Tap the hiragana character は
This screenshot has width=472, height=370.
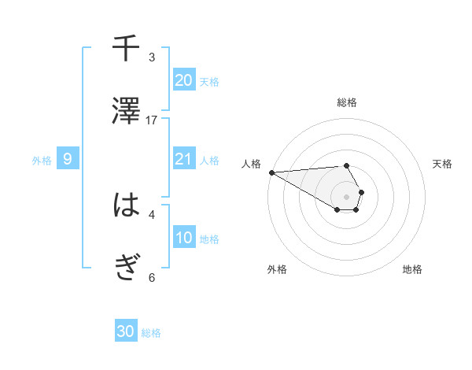click(126, 205)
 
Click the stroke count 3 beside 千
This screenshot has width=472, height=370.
click(152, 57)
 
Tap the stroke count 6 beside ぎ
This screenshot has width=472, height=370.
click(152, 277)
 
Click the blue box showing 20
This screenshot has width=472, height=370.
click(183, 80)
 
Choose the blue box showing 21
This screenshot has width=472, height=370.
click(183, 159)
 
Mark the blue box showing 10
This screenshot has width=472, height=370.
click(183, 237)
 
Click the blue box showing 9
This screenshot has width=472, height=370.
click(68, 159)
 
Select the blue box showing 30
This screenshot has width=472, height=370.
click(126, 331)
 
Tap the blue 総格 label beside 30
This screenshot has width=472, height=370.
click(151, 333)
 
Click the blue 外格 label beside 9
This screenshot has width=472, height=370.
click(42, 161)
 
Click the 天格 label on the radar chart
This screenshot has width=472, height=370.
click(442, 164)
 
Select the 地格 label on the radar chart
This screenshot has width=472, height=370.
click(412, 269)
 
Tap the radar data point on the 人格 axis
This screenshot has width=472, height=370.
click(271, 172)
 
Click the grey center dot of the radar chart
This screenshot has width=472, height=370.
click(346, 196)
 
